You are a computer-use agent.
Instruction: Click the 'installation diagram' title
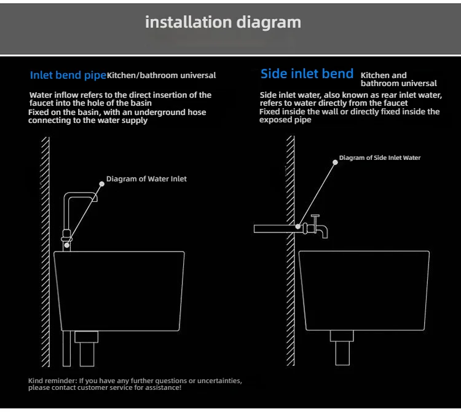coord(223,23)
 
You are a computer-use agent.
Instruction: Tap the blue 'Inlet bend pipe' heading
coord(68,76)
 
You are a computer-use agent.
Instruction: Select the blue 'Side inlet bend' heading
coord(307,74)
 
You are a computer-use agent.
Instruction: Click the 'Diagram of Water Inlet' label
coord(146,179)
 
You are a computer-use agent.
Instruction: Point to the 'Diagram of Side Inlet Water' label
coord(380,158)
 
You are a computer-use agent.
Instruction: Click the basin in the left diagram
coord(119,289)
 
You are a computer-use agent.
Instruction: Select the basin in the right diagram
coord(363,289)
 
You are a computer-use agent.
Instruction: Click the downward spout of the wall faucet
coord(324,232)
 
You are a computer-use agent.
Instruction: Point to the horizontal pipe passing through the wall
coord(274,229)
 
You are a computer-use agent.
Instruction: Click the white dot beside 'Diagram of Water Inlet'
coord(103,182)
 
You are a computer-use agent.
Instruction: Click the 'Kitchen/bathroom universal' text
coord(162,76)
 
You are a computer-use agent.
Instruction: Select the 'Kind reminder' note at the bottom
coord(135,384)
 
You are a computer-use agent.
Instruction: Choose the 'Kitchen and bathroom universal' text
coord(398,79)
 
